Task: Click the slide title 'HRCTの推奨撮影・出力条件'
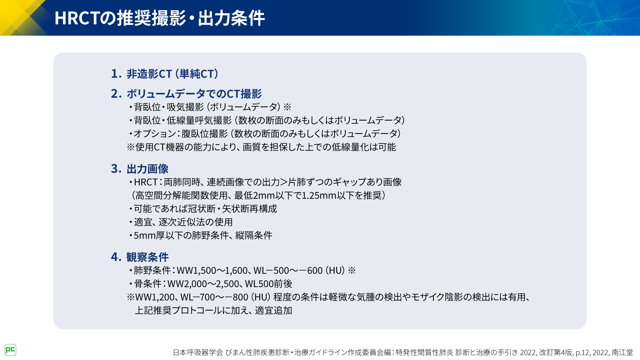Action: [160, 18]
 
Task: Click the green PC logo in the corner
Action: [10, 350]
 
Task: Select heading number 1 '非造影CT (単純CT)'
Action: [165, 74]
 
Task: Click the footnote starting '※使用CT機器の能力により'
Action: [261, 147]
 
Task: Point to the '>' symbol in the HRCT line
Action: [284, 182]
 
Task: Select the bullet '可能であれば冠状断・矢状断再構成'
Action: [203, 209]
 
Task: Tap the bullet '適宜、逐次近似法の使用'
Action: [181, 222]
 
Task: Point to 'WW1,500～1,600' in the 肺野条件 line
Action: [212, 270]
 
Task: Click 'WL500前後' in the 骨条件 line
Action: [269, 284]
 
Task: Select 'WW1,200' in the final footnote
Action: [155, 297]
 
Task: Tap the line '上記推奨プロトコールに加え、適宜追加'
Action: [213, 310]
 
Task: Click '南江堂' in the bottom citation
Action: [622, 352]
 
